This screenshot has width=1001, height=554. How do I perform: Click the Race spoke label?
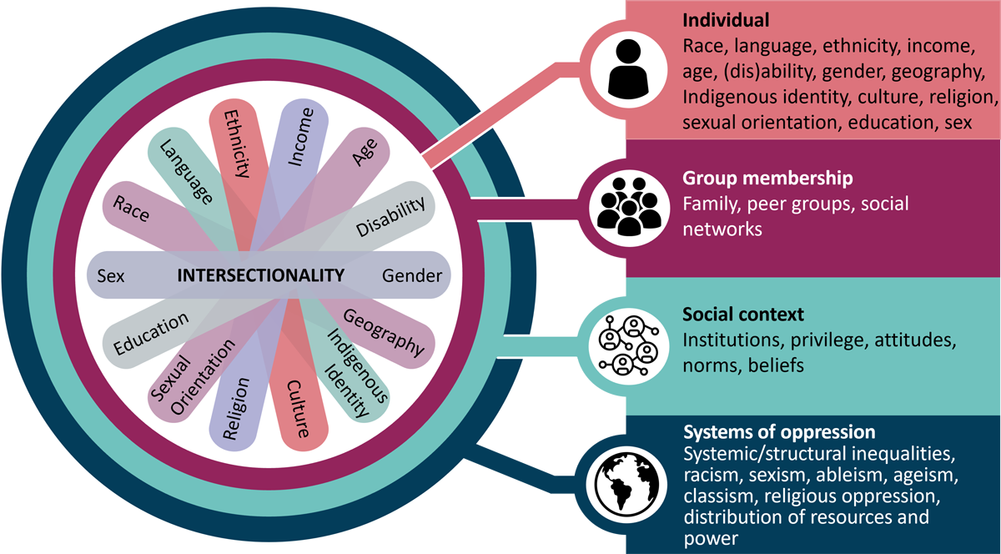pos(132,211)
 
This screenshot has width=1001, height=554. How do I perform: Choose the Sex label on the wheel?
pos(111,276)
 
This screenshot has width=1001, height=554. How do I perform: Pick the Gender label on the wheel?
pos(412,276)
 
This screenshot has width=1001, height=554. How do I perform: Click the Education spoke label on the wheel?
pos(151,335)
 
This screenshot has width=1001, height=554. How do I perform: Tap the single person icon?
pos(627,68)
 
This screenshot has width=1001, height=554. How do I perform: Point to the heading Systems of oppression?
pos(779,433)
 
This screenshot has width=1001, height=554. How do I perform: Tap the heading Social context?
pos(743,315)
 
